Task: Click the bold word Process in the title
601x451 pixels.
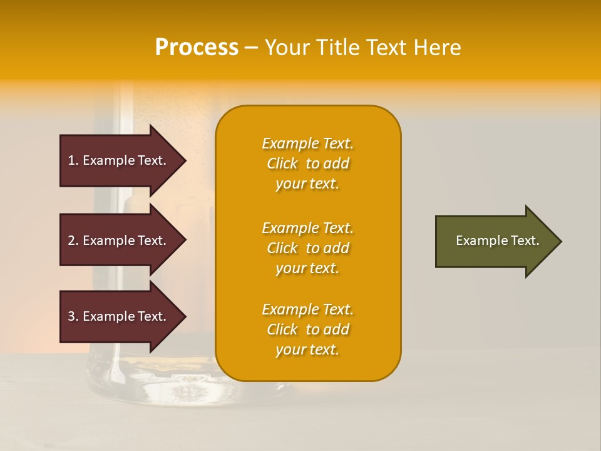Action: pos(197,48)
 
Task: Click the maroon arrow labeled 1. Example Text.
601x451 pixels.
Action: pos(119,160)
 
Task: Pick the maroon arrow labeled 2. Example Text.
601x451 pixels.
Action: pos(119,241)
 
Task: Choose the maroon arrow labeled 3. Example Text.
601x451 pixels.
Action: pos(119,316)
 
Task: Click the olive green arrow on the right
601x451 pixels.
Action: pos(495,241)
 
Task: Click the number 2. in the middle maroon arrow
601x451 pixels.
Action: pos(73,241)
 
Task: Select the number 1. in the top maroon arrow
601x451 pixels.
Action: pos(73,160)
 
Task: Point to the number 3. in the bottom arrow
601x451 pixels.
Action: pos(73,316)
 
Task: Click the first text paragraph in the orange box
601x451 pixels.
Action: pos(307,163)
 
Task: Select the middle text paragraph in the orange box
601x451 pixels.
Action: pos(307,248)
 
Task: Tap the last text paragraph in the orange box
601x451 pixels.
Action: pos(307,329)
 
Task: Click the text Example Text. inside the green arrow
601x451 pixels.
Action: pos(497,241)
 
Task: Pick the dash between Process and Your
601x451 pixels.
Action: pos(251,48)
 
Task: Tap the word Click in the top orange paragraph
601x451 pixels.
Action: pos(282,163)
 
